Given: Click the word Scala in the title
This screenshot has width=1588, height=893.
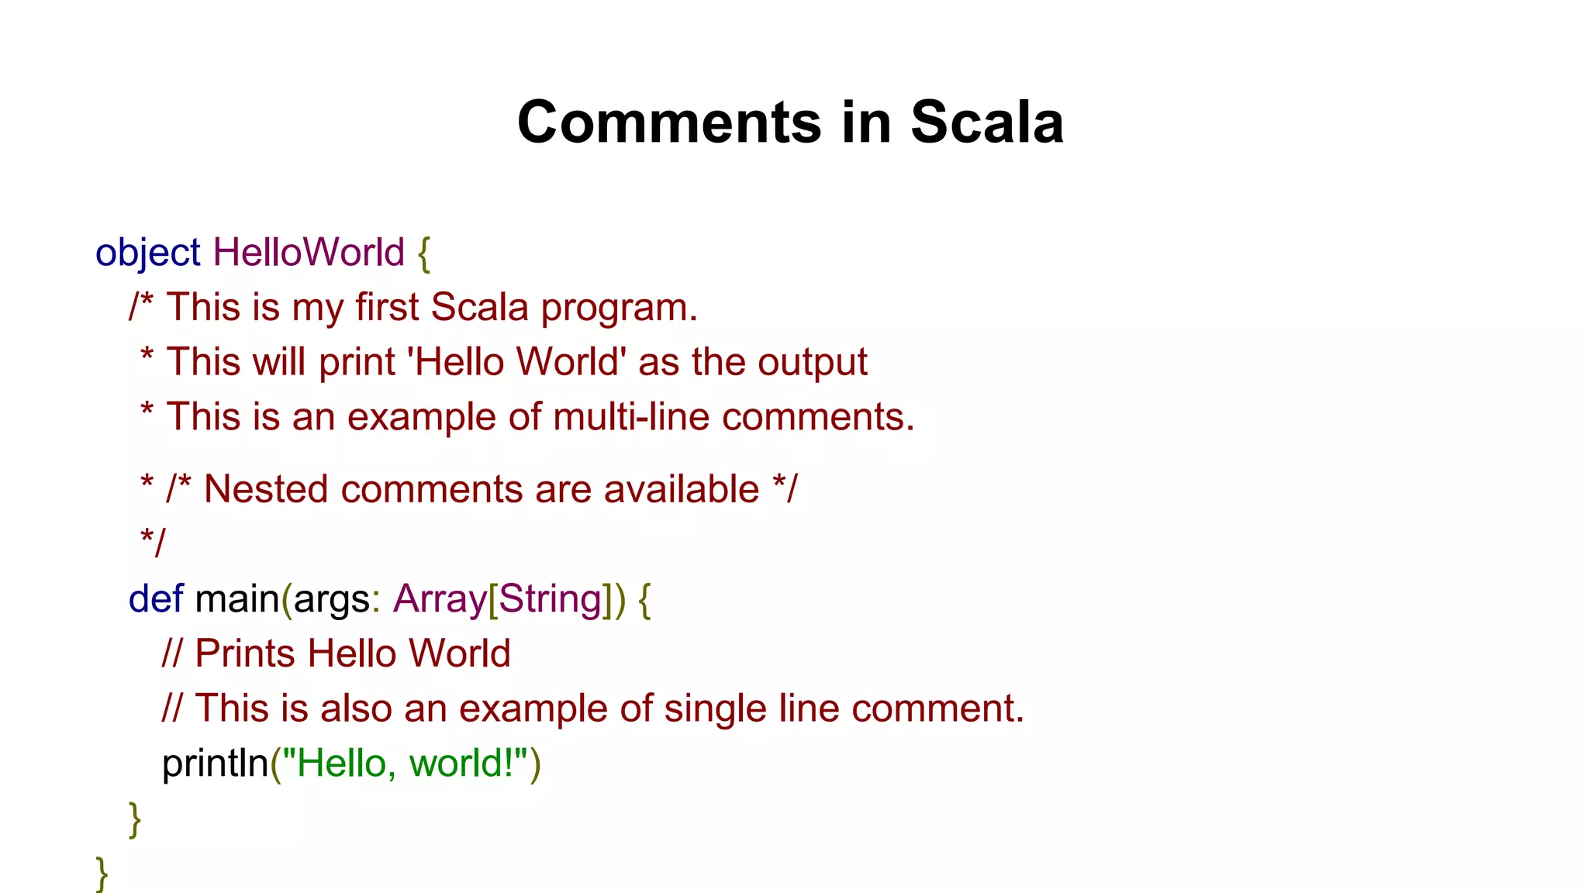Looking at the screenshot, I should pos(986,122).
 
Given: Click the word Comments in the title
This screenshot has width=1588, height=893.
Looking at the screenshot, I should pos(668,122).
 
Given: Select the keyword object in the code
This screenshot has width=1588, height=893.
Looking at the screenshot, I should pos(147,253).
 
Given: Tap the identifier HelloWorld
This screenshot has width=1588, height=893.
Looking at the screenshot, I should pos(309,253).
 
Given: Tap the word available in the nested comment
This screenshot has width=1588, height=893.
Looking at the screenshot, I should pos(681,490).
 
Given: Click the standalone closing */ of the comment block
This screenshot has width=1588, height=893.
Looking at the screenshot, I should pos(153,543).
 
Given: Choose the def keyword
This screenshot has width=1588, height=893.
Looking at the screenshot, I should pos(156,599).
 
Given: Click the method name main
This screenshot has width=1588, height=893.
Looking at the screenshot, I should pos(236,599).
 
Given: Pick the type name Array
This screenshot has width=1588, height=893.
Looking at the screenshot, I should pos(439,599).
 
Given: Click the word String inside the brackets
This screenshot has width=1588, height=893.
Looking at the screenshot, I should pos(551,599).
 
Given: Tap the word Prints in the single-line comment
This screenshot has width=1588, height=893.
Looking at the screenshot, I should pos(245,653).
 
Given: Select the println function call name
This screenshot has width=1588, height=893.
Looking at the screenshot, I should pos(215,764).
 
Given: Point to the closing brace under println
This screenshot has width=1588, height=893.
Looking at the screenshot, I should pos(135,819).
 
